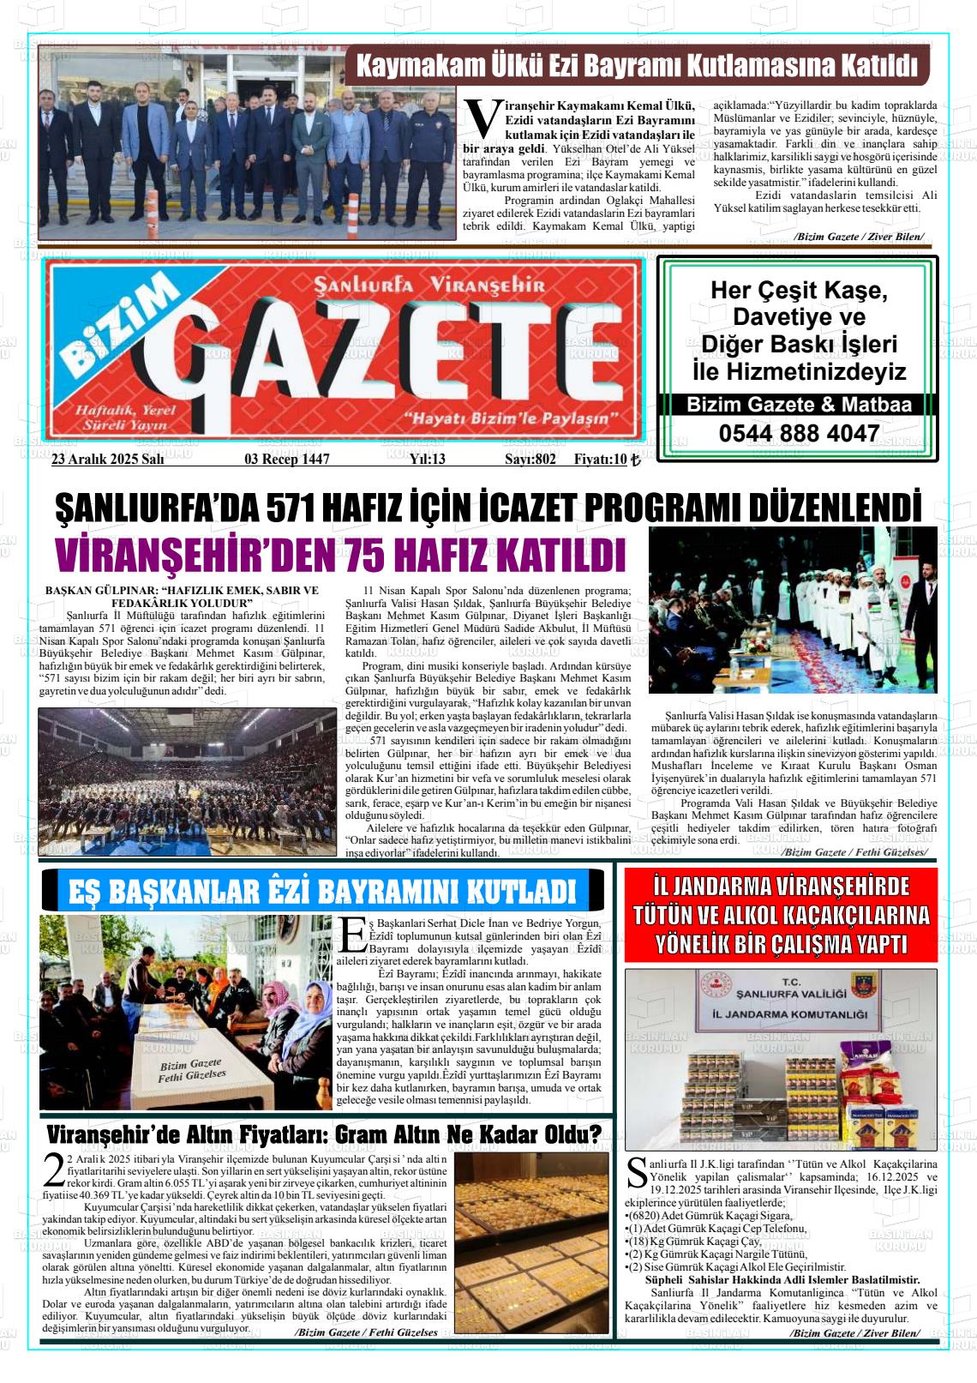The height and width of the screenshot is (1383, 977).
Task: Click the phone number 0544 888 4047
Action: tap(799, 434)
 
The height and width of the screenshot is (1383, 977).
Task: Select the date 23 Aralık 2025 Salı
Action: tap(107, 459)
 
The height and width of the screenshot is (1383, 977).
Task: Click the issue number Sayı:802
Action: tap(530, 459)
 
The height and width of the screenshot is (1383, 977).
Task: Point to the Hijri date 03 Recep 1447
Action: tap(287, 459)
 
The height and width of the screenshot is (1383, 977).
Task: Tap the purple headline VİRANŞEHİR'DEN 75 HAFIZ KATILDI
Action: tap(340, 555)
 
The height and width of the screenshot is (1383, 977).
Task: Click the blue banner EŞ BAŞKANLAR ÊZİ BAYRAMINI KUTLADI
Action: tap(322, 891)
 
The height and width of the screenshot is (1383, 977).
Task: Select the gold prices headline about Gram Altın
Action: tap(323, 1134)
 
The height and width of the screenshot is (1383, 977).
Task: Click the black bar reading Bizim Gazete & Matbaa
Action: tap(799, 405)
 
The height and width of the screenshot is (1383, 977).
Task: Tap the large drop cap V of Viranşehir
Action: tap(483, 118)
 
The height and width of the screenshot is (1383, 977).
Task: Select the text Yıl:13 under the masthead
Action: tap(427, 459)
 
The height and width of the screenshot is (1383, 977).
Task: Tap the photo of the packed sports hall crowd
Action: tap(187, 780)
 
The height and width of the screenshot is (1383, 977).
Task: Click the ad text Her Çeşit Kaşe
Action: tap(799, 290)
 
